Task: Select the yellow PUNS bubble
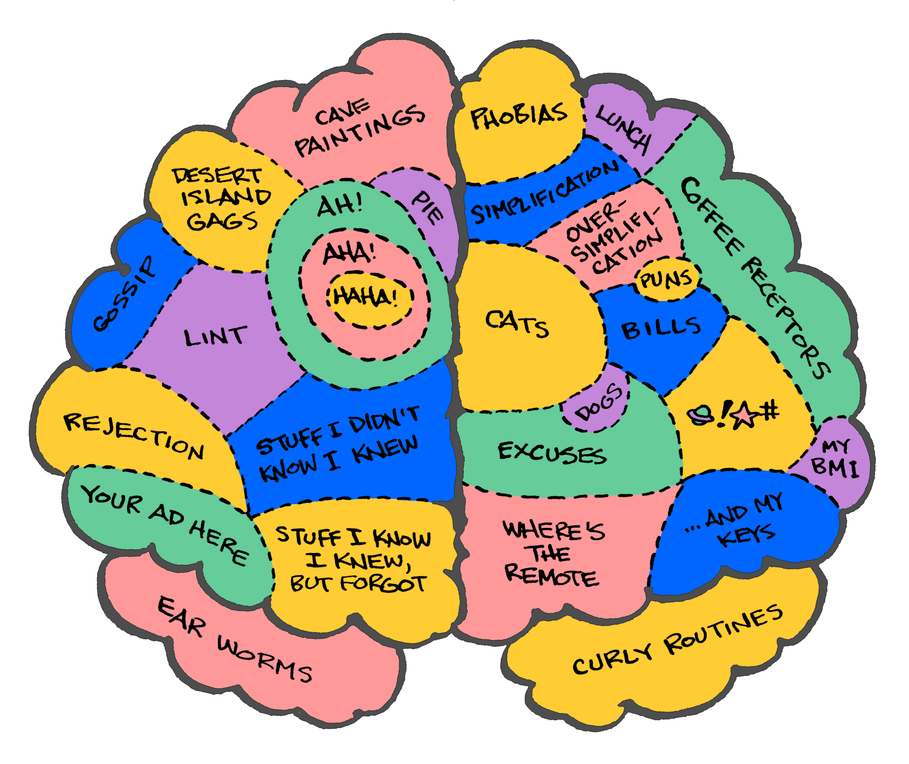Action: point(666,280)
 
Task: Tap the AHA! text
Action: point(349,253)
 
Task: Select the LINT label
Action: point(215,337)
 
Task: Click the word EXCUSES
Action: point(552,453)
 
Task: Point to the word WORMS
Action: point(264,659)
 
